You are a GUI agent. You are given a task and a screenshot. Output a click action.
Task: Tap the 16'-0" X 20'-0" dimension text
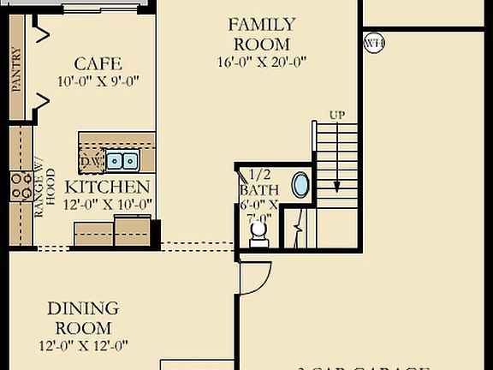click(261, 61)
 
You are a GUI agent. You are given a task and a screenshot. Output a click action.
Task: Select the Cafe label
click(98, 63)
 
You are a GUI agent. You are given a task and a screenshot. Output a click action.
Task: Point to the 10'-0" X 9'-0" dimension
click(98, 81)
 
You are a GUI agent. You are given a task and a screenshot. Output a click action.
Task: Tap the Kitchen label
click(108, 187)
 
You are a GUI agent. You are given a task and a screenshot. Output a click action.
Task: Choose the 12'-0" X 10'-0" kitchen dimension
click(108, 204)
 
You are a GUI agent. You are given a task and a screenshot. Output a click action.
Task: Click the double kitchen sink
click(125, 160)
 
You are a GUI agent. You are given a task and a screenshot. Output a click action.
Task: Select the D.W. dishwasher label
click(92, 161)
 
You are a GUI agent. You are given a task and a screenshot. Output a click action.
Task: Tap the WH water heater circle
click(374, 42)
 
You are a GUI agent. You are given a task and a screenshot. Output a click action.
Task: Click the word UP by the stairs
click(338, 115)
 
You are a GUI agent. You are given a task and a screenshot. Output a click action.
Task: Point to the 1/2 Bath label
click(258, 189)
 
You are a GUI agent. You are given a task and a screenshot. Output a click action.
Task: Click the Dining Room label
click(83, 318)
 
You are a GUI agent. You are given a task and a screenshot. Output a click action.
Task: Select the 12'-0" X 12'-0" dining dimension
click(83, 346)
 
